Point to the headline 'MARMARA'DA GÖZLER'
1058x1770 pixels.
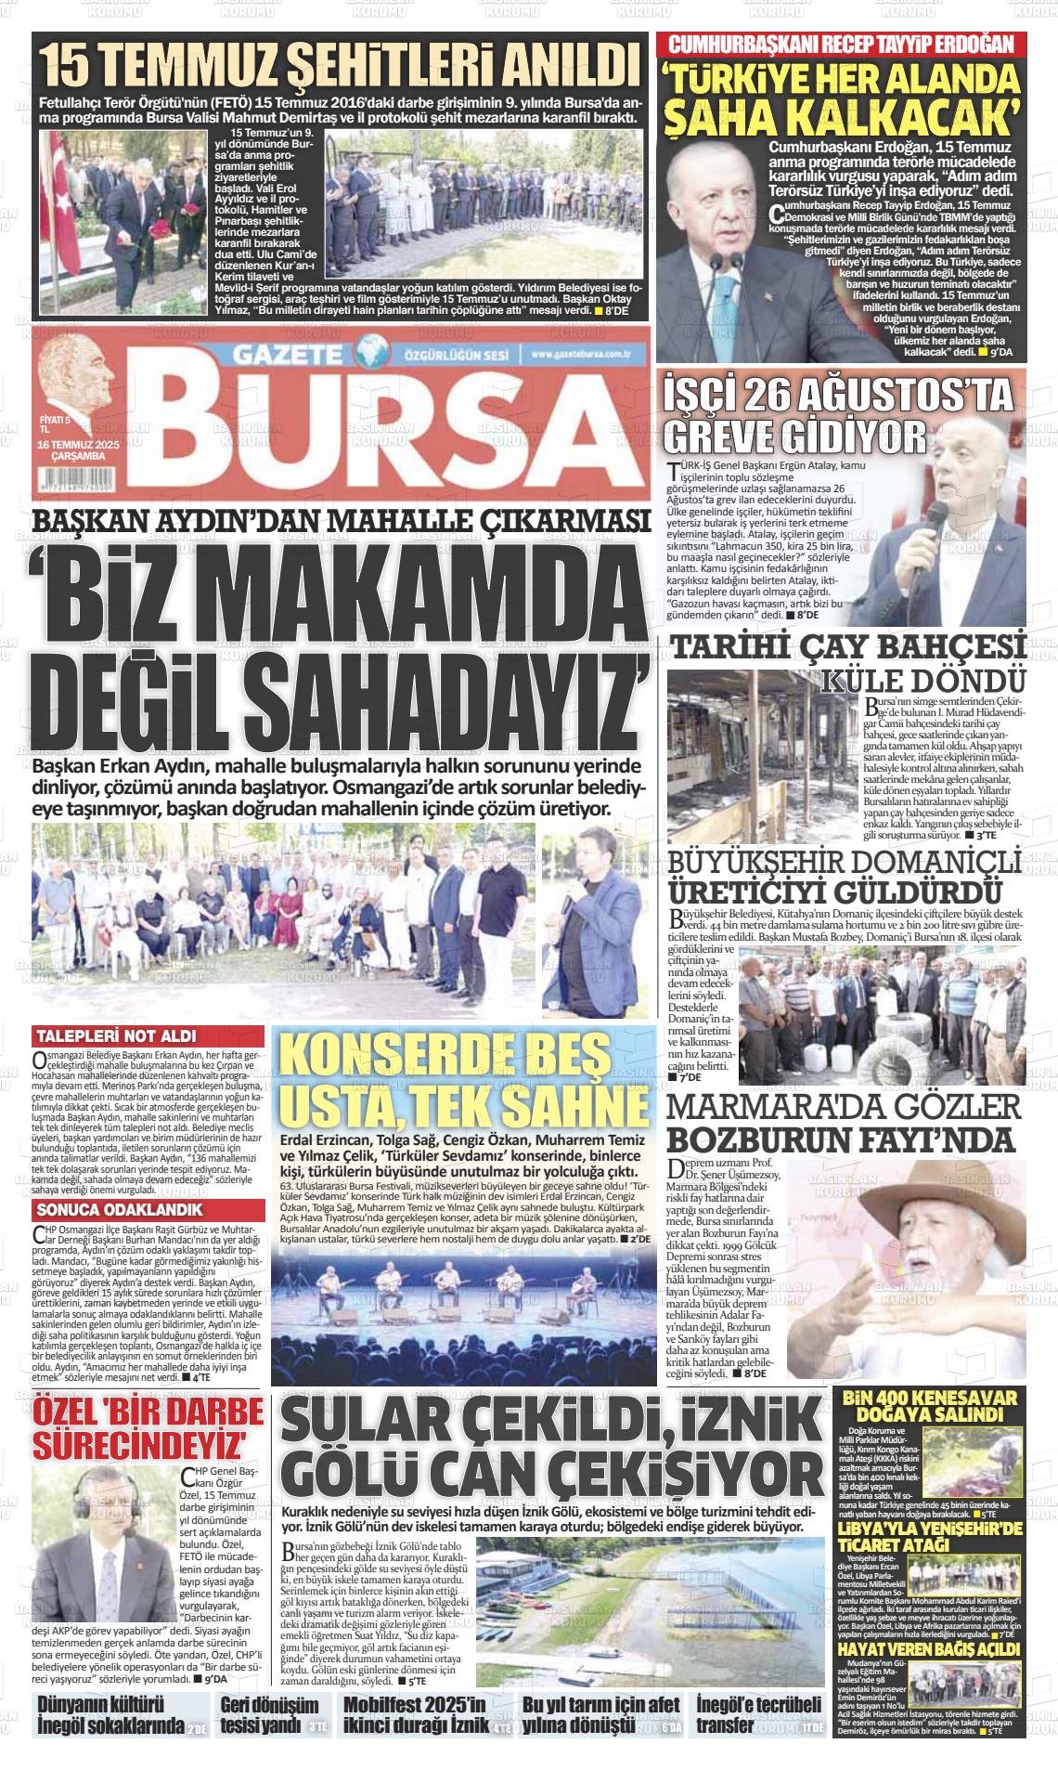pos(845,1107)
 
